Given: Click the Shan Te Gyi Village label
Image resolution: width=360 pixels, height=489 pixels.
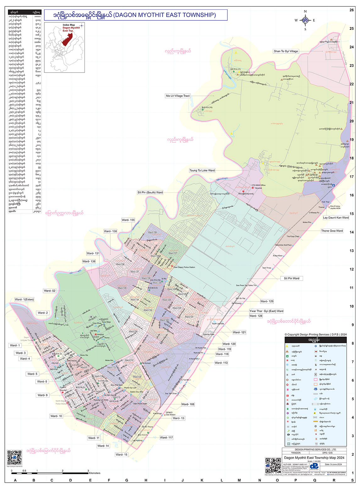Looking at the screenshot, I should coord(285,51).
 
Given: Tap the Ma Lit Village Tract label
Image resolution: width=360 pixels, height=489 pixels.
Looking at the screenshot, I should coord(178,96).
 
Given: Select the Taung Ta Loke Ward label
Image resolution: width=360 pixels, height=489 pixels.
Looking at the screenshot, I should coord(202,170).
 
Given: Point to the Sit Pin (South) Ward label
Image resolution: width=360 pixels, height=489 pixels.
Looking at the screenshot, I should coord(150,192).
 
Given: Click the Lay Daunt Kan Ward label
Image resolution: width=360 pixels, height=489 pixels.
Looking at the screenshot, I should coord(336,217).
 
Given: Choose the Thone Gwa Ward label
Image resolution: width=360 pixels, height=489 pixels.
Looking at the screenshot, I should coord(332,231).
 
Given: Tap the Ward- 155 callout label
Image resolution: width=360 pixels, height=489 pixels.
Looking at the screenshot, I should coord(128,220).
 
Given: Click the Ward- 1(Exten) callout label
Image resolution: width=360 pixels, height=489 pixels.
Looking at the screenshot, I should coord(24,299).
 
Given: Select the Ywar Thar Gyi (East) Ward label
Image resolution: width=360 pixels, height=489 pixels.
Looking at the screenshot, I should coord(266,311).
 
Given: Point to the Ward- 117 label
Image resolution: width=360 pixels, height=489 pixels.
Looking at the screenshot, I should coord(166,437).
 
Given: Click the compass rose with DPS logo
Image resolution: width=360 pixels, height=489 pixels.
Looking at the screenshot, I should coord(305,20).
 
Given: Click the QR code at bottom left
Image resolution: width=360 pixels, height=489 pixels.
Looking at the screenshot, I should coord(14,457).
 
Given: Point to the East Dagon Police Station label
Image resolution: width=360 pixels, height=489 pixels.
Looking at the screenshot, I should coord(184,267).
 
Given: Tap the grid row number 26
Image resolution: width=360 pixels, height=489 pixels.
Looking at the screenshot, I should coord(352,10).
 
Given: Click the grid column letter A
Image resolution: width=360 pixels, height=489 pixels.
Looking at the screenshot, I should coord(15,480).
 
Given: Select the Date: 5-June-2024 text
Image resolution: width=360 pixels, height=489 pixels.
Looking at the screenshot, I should coord(331,464).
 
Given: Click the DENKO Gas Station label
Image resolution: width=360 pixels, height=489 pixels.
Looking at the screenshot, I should coord(170,414).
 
